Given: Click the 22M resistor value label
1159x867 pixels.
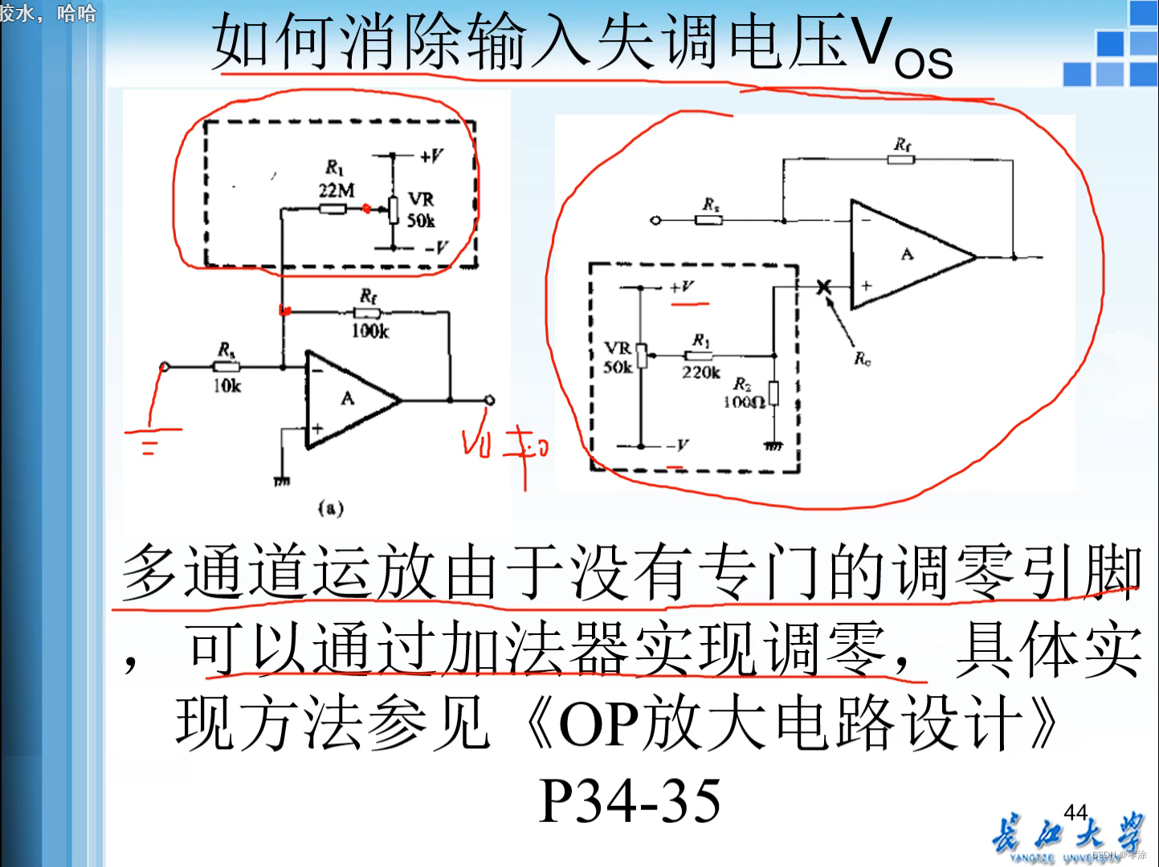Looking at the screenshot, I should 336,190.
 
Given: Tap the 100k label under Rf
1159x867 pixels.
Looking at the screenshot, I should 370,330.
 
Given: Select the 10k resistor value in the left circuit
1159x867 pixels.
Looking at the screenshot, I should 227,386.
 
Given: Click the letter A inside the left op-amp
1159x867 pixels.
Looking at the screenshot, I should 347,398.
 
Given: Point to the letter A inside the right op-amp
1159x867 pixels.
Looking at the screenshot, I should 907,254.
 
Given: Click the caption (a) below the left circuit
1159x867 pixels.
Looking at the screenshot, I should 331,507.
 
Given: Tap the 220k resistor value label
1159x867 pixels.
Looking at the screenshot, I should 701,372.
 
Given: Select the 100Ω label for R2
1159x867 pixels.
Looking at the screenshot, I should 744,401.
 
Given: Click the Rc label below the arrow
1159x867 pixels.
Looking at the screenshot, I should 862,358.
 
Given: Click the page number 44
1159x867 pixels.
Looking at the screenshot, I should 1075,812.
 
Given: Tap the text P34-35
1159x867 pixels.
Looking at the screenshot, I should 630,800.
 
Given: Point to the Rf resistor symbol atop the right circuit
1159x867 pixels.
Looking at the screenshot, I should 901,160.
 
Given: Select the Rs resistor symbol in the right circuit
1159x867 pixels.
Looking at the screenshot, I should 708,219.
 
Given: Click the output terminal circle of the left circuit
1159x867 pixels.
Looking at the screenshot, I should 489,400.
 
